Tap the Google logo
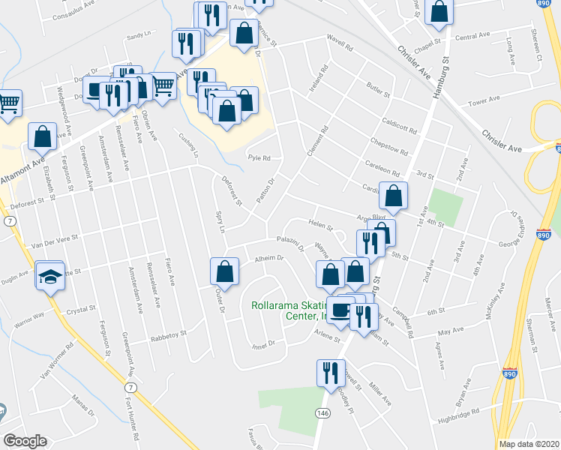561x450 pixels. [x=25, y=441]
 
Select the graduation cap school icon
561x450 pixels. [x=50, y=276]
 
